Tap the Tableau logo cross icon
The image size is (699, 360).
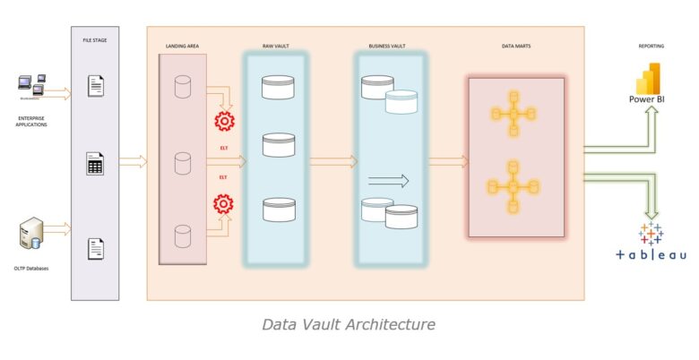651,234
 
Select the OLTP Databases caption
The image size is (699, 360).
32,266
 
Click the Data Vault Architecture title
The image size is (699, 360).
349,323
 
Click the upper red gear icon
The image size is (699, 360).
223,121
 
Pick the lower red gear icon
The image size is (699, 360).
223,204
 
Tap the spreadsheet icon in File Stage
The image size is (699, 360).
94,164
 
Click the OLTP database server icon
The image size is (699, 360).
30,236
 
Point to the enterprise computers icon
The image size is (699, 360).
32,87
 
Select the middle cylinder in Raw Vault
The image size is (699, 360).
278,144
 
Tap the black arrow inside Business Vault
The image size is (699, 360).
389,181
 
